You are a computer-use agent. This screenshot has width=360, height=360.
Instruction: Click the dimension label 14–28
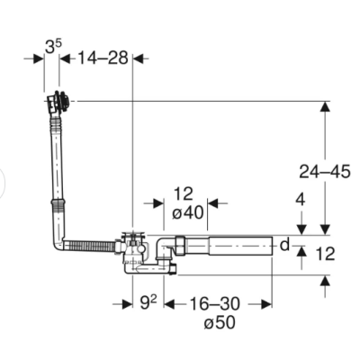click(103, 58)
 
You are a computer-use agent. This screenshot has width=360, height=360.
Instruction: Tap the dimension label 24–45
click(325, 172)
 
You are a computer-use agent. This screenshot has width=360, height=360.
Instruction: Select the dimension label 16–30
click(214, 303)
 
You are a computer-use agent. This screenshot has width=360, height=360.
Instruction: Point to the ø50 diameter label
click(220, 323)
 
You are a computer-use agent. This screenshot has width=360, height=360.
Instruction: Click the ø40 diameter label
click(188, 213)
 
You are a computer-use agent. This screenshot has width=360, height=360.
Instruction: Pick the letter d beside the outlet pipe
click(284, 245)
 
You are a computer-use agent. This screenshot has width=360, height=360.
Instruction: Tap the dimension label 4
click(301, 200)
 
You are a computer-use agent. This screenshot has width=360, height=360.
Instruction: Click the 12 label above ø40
click(184, 194)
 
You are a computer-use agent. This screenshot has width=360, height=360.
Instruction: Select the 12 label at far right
click(326, 254)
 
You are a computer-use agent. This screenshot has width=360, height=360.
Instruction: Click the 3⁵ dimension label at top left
click(53, 46)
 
